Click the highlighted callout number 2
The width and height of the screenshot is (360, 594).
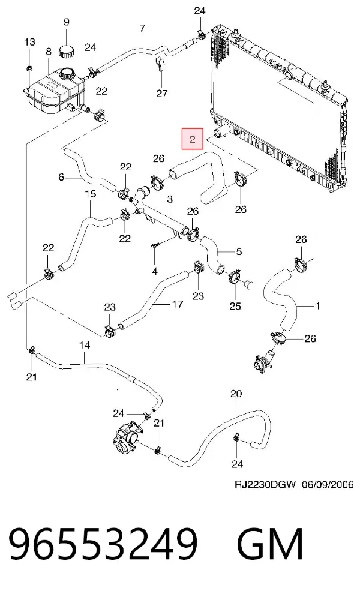(x=193, y=139)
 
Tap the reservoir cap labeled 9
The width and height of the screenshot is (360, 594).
(x=67, y=51)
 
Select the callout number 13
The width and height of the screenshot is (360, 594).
(x=29, y=41)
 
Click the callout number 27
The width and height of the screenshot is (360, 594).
(x=162, y=93)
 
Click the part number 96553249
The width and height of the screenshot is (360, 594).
(x=103, y=543)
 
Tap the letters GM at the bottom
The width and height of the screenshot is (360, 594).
(x=270, y=543)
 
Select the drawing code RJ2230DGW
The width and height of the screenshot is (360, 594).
(x=265, y=484)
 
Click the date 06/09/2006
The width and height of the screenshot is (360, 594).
(x=328, y=484)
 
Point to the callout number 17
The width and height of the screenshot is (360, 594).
(x=178, y=304)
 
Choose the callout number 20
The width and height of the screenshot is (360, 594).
(x=236, y=394)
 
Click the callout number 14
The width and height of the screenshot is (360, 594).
(x=85, y=345)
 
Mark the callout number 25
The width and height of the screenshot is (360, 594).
(x=235, y=306)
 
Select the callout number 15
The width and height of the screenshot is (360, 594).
(x=91, y=194)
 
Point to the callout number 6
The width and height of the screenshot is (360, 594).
(x=61, y=177)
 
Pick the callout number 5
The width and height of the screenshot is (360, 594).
(x=239, y=251)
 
